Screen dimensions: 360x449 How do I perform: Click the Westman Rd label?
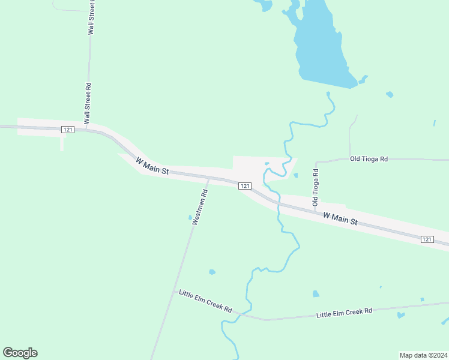(x=200, y=207)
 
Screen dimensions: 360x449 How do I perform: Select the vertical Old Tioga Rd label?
(x=315, y=188)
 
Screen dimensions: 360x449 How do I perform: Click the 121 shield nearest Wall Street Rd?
(x=67, y=129)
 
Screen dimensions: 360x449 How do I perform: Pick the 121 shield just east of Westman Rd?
(x=244, y=186)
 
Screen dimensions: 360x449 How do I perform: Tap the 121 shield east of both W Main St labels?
(x=426, y=239)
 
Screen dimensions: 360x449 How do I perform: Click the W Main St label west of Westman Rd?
(x=152, y=166)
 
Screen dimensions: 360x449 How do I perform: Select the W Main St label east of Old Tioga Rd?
(x=340, y=218)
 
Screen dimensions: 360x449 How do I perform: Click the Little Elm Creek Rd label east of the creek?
(x=344, y=312)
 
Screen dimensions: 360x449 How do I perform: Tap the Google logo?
(x=20, y=353)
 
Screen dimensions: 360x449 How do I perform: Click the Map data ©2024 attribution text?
(x=423, y=355)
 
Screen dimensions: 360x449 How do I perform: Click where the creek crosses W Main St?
(x=277, y=204)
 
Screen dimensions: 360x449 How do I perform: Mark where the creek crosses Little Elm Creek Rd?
(x=240, y=314)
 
